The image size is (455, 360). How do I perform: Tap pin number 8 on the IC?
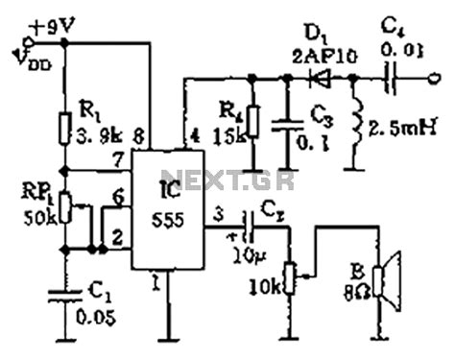(141, 132)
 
